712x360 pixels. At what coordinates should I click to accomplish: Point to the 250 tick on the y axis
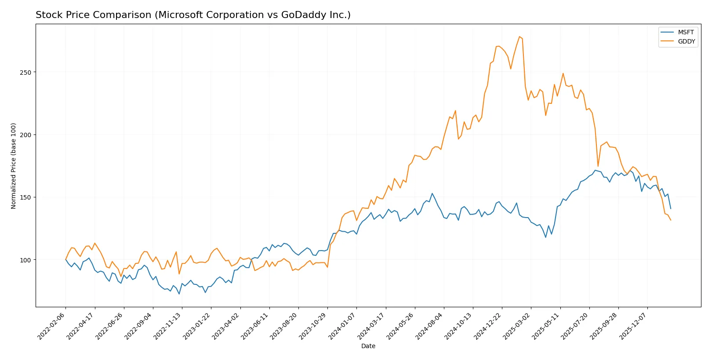pyautogui.click(x=26, y=72)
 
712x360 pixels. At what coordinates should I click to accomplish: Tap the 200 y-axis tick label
pyautogui.click(x=26, y=135)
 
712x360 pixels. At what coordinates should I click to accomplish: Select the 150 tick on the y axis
pyautogui.click(x=26, y=197)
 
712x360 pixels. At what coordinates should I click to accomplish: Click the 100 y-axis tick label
pyautogui.click(x=26, y=260)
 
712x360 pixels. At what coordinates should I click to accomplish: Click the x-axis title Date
pyautogui.click(x=368, y=346)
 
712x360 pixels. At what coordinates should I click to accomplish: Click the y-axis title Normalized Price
pyautogui.click(x=14, y=166)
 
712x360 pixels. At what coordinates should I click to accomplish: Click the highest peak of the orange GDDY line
pyautogui.click(x=519, y=36)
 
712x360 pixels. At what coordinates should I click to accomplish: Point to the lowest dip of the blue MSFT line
pyautogui.click(x=179, y=294)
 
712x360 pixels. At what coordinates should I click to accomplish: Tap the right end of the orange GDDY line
pyautogui.click(x=671, y=220)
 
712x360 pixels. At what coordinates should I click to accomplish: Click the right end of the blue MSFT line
pyautogui.click(x=671, y=208)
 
